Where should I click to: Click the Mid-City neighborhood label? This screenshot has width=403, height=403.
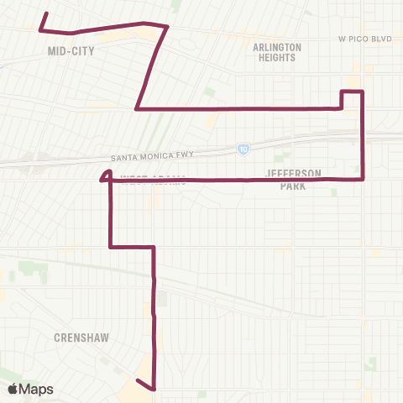71,51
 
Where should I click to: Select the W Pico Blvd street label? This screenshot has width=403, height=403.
364,39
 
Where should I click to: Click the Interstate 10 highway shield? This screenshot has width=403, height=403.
243,149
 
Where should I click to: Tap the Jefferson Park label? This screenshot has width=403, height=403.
292,179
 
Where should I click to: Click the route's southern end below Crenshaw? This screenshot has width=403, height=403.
154,390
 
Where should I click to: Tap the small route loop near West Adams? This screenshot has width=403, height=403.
106,175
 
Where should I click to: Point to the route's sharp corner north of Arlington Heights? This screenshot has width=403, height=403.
168,27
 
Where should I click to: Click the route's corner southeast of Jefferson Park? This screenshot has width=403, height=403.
362,178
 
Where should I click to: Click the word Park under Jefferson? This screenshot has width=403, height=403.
292,186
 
